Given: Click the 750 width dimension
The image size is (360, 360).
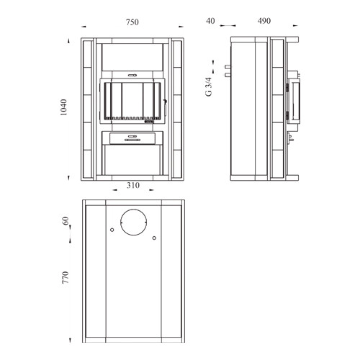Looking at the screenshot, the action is pos(132,22).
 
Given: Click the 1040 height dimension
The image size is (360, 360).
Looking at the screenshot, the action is pos(63,107).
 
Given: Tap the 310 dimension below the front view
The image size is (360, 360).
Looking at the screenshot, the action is pos(133,185).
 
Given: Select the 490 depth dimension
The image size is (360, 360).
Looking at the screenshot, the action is pos(264,21).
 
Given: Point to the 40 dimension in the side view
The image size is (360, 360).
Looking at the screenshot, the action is pos(210,21).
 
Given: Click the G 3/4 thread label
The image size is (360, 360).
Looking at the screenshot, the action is pos(209,86).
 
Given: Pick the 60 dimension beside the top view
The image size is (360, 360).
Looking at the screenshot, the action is pos(66,221).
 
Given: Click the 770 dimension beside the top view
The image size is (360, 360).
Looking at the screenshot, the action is pos(66,277).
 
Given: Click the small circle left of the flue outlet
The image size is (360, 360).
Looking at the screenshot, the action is pos(112,230).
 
